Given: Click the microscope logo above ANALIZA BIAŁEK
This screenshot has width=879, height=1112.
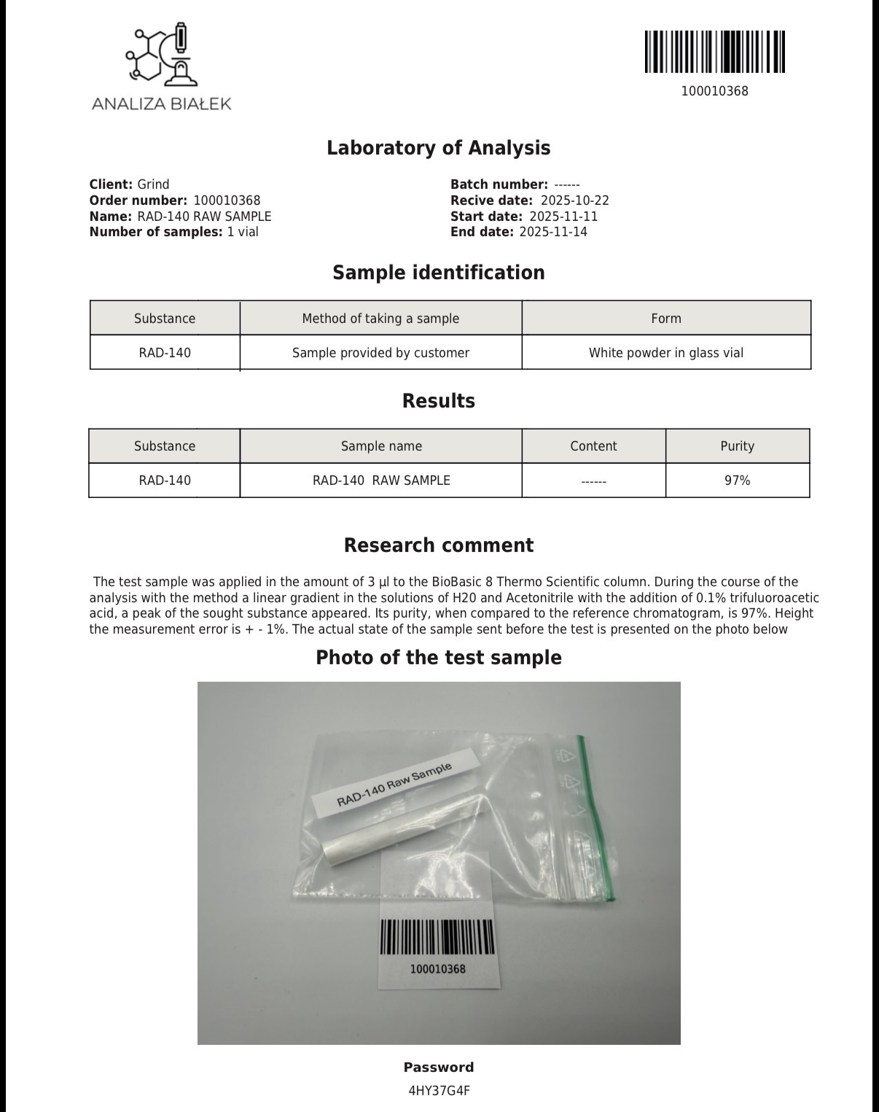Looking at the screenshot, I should pyautogui.click(x=162, y=55).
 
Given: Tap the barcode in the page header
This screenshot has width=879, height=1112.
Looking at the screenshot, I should pyautogui.click(x=714, y=52).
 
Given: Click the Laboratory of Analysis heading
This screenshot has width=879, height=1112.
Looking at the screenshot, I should pyautogui.click(x=438, y=148).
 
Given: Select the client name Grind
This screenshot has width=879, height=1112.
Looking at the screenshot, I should pyautogui.click(x=153, y=184).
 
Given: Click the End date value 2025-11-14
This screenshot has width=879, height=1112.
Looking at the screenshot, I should pyautogui.click(x=552, y=232).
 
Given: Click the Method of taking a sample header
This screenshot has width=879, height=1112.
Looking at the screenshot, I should pyautogui.click(x=380, y=319).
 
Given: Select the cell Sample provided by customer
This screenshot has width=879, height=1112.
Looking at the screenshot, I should pyautogui.click(x=380, y=353).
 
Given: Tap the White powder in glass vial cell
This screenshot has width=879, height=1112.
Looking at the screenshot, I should pyautogui.click(x=666, y=353).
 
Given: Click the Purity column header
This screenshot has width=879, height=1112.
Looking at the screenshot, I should pyautogui.click(x=737, y=446).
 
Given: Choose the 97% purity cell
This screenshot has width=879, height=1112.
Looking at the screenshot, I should pyautogui.click(x=737, y=481).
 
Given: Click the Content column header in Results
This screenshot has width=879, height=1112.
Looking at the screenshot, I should pyautogui.click(x=593, y=446).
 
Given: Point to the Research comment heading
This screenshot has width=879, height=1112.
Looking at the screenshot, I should pyautogui.click(x=438, y=545).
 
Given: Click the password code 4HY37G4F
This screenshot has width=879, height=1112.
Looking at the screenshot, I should pyautogui.click(x=439, y=1091).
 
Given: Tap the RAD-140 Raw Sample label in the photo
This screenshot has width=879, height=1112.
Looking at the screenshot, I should pyautogui.click(x=394, y=784).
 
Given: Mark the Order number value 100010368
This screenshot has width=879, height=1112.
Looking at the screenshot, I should pyautogui.click(x=227, y=201).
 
